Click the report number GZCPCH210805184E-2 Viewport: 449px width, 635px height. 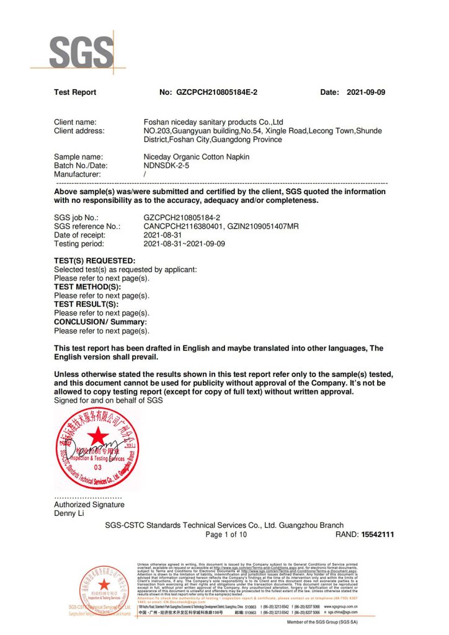[x=217, y=92]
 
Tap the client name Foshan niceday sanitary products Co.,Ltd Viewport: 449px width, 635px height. [x=213, y=122]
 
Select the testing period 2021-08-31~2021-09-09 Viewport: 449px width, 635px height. [x=184, y=244]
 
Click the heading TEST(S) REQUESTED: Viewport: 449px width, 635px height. [x=94, y=260]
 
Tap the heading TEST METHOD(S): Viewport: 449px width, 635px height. [x=87, y=287]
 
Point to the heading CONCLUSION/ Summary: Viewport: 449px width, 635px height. [x=100, y=322]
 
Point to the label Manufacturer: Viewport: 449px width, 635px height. [x=78, y=174]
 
